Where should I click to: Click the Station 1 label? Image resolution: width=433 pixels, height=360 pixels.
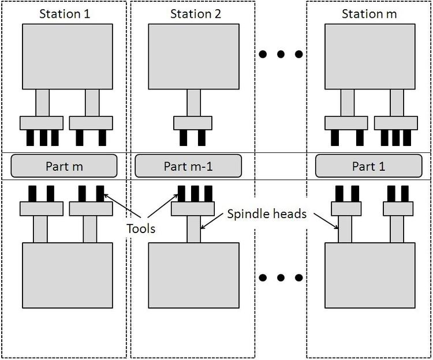[x=65, y=14]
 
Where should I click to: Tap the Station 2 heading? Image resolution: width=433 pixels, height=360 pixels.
[x=196, y=14]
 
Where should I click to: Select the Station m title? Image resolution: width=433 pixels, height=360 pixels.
[x=369, y=14]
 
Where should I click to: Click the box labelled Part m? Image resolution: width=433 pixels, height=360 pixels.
[x=64, y=166]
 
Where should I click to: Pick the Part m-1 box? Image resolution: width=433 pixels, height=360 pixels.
[x=188, y=166]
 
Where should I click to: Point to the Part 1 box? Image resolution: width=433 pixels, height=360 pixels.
[x=369, y=166]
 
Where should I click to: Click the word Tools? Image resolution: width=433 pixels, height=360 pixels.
[x=141, y=228]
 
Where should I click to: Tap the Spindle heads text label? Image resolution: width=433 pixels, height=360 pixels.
[x=267, y=214]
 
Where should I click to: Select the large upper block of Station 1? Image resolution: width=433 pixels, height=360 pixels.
[x=68, y=57]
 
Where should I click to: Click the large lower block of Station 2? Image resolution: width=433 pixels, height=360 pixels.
[x=193, y=275]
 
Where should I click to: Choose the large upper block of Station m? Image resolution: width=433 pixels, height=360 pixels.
[x=369, y=57]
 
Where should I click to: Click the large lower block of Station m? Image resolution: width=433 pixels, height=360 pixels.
[x=369, y=275]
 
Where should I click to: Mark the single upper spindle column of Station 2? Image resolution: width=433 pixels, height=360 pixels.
[x=193, y=103]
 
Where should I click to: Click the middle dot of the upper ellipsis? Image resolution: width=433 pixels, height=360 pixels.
[x=281, y=54]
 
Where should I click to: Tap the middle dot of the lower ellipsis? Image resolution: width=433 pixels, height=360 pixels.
[x=281, y=277]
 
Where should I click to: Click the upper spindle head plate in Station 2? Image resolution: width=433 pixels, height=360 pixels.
[x=193, y=123]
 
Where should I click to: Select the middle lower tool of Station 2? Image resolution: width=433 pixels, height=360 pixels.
[x=195, y=194]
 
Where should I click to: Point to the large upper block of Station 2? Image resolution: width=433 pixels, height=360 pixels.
[x=193, y=57]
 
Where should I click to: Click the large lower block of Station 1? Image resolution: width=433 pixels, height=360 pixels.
[x=68, y=275]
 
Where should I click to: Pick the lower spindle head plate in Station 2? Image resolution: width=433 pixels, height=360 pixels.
[x=193, y=209]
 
